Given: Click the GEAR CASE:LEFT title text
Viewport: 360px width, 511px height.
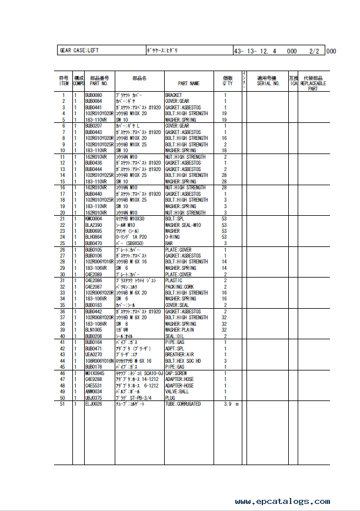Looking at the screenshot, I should point(79,51).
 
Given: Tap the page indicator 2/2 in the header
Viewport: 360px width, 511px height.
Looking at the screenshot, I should point(314,51).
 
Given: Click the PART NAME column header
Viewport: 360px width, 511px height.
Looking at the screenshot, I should point(189,84).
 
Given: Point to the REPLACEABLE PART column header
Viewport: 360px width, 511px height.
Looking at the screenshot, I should point(312,86).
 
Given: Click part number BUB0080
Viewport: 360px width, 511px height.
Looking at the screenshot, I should point(94,95).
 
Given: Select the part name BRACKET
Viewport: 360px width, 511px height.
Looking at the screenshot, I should point(174,95).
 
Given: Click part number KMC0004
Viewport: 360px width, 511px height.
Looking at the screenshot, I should point(95,219).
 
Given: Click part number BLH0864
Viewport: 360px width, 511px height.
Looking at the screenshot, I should point(94,237).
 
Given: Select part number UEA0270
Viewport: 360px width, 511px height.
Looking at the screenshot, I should point(94,355).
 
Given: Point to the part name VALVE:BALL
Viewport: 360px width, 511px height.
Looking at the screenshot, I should point(178,392).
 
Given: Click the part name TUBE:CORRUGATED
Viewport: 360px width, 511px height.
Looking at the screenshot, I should point(183,404).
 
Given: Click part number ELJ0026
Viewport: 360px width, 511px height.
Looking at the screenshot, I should point(94,404).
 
